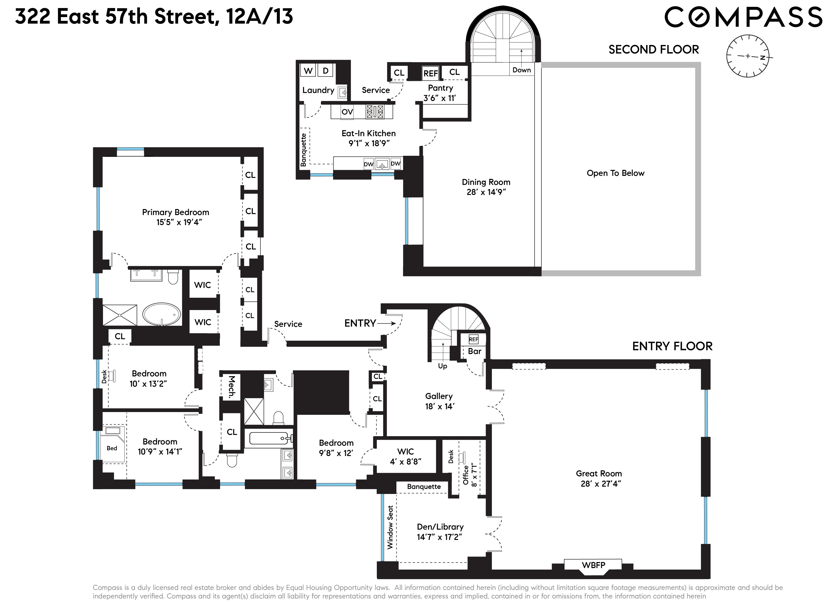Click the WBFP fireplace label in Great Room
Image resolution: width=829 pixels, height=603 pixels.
(593, 565)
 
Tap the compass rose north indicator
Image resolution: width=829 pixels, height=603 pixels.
(762, 58)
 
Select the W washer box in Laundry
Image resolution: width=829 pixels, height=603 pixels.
(308, 71)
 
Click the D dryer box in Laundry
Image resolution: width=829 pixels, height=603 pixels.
(325, 71)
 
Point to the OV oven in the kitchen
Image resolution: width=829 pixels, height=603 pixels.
(347, 112)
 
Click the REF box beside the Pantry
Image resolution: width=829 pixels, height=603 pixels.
(430, 73)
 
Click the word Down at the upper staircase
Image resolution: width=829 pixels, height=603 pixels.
(521, 70)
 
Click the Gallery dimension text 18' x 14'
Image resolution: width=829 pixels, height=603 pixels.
(439, 406)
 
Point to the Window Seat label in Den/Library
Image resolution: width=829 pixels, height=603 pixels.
(390, 527)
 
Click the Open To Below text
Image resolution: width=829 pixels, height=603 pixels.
(615, 173)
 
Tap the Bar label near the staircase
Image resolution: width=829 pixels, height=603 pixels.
(475, 351)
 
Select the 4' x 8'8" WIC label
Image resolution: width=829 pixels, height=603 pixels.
(405, 462)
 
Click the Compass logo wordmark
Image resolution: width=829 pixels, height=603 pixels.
(742, 17)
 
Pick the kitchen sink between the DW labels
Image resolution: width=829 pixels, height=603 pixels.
(382, 164)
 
